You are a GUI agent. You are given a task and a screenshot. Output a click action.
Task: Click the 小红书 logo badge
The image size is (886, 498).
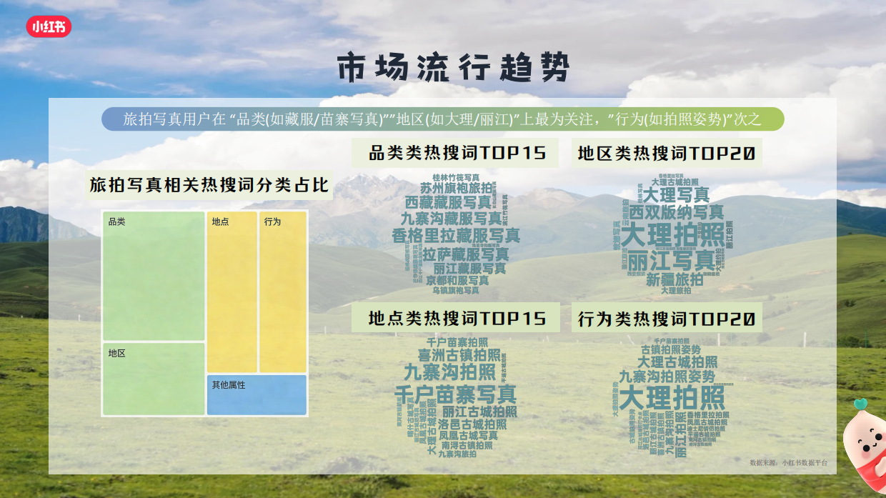pyautogui.click(x=49, y=26)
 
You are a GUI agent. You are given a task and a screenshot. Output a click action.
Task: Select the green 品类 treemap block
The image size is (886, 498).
pyautogui.click(x=154, y=276)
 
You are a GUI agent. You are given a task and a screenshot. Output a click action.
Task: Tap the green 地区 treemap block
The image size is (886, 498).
pyautogui.click(x=154, y=379)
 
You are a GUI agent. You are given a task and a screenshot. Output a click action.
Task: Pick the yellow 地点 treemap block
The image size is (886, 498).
pyautogui.click(x=232, y=292)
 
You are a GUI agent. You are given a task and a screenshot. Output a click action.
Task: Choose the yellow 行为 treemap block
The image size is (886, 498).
pyautogui.click(x=283, y=292)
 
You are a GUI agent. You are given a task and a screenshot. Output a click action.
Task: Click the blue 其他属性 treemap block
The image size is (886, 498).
pyautogui.click(x=257, y=394)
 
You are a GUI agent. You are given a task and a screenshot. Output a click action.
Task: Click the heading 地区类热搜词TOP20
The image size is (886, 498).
pyautogui.click(x=666, y=153)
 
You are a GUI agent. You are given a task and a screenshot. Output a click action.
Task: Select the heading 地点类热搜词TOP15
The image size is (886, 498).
pyautogui.click(x=457, y=318)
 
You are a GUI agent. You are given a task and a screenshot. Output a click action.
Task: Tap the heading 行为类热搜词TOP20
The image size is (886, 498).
pyautogui.click(x=666, y=319)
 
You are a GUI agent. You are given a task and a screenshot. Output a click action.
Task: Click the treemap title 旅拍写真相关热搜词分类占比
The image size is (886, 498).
pyautogui.click(x=209, y=185)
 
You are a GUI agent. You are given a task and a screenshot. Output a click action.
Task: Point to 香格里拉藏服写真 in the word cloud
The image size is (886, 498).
pyautogui.click(x=456, y=236)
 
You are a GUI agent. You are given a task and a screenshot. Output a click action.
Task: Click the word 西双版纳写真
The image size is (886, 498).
pyautogui.click(x=676, y=211)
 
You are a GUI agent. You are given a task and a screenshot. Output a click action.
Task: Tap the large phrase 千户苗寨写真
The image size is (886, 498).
pyautogui.click(x=455, y=394)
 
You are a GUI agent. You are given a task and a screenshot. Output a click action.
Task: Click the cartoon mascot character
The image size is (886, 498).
pyautogui.click(x=864, y=447)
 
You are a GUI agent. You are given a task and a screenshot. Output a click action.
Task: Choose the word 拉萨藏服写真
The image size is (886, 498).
pyautogui.click(x=466, y=254)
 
